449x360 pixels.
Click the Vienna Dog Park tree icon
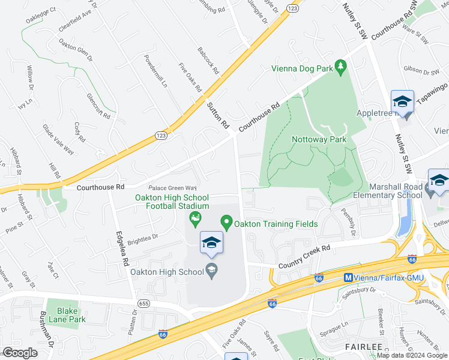click(x=341, y=65)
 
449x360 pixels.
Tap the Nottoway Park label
click(x=319, y=139)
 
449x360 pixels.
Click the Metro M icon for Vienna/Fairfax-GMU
click(x=348, y=278)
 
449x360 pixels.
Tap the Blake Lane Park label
click(x=71, y=314)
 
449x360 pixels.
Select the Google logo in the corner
click(x=20, y=352)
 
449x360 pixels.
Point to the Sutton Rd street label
click(x=218, y=115)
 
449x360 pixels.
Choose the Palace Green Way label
click(x=173, y=188)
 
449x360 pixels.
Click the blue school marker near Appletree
click(x=402, y=102)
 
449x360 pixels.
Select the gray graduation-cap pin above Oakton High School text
click(x=211, y=268)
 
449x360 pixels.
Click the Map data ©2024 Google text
click(x=412, y=355)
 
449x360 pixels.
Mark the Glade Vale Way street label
click(x=58, y=139)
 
